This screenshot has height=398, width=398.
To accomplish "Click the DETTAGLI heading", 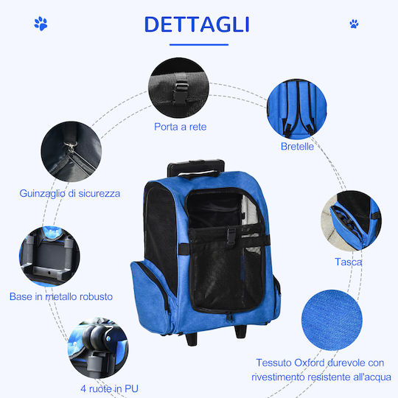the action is click(197, 24).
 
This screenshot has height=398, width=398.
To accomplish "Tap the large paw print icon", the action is click(41, 24).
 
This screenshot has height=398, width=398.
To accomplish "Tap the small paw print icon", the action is click(354, 24).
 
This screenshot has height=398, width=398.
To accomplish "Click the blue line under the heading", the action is click(199, 45).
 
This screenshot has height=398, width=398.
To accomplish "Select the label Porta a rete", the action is click(181, 127).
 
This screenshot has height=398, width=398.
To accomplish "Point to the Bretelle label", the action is click(297, 147).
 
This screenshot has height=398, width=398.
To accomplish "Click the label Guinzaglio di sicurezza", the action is click(70, 193).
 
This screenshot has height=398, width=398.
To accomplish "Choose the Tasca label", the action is click(348, 262).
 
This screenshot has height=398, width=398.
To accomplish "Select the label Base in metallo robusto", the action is click(61, 296).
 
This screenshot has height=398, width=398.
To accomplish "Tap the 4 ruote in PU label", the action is click(109, 388).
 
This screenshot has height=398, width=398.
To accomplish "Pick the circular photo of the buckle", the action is click(178, 88).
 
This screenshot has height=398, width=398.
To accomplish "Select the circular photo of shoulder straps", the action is click(297, 109).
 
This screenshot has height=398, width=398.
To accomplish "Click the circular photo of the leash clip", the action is click(71, 152).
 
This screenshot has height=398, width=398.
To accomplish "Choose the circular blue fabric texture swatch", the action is click(332, 320).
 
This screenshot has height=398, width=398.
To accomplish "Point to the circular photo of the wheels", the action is click(98, 348).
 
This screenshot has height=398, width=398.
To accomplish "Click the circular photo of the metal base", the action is click(49, 256).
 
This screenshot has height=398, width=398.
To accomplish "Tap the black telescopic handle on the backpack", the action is click(196, 168).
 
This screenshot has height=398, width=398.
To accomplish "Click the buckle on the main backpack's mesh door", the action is click(231, 236).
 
